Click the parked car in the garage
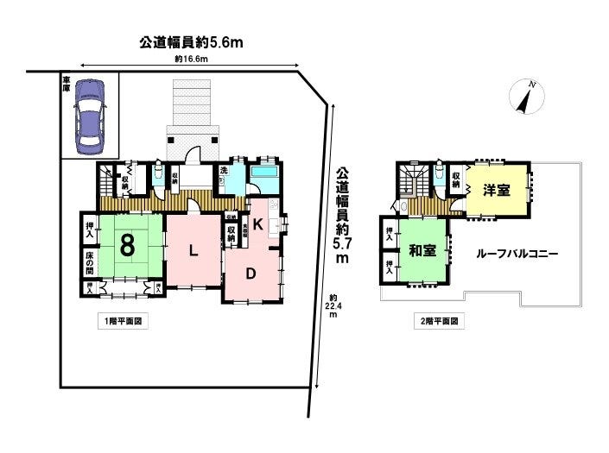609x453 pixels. [x=89, y=116]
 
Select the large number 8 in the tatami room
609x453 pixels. [x=128, y=245]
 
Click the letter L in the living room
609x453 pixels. [x=196, y=251]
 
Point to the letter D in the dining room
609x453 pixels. [x=250, y=274]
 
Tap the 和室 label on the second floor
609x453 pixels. [x=422, y=250]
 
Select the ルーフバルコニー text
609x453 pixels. [x=517, y=255]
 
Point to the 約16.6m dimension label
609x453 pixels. [x=191, y=60]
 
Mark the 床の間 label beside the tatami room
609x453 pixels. [x=90, y=260]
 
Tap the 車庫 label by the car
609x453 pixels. [x=66, y=84]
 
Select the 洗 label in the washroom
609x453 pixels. [x=223, y=171]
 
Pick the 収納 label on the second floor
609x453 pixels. [x=456, y=179]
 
